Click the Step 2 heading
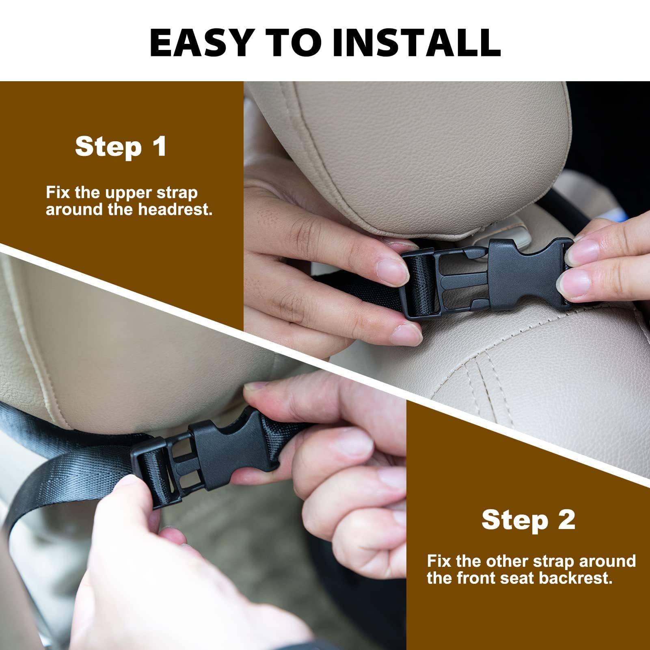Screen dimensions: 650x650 529,520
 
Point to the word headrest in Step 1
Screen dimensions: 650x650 175,210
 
